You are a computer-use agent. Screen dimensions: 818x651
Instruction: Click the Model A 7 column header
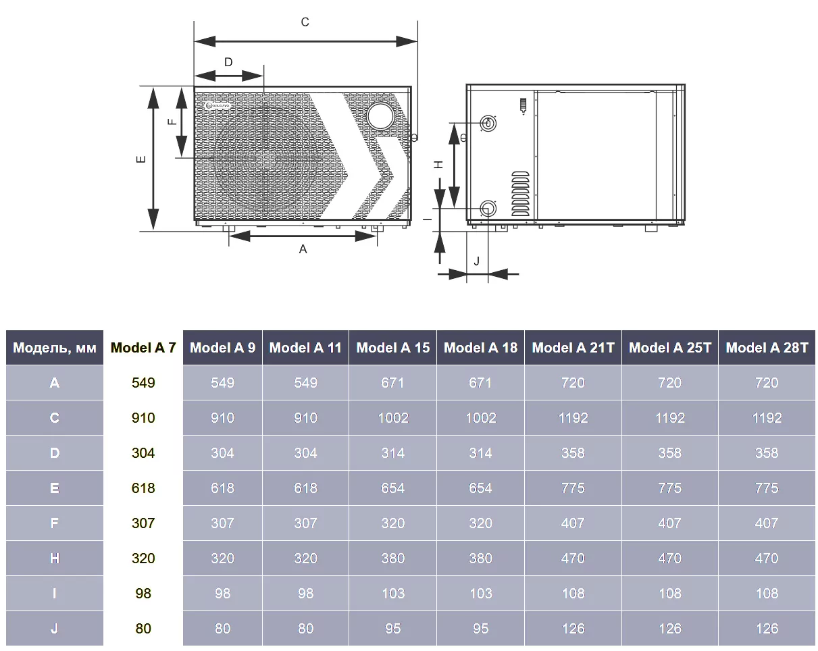[x=143, y=347]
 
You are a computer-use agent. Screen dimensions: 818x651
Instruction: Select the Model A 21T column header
[x=573, y=347]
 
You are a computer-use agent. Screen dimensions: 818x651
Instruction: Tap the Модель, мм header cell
[x=54, y=347]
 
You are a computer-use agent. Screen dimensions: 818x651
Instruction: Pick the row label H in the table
[x=54, y=558]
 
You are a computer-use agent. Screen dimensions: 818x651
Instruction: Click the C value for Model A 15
[x=392, y=417]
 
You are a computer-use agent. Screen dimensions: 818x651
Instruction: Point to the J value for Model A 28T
[x=766, y=628]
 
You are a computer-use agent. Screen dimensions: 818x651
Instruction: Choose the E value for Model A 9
[x=222, y=488]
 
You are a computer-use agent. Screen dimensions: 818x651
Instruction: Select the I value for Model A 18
[x=480, y=593]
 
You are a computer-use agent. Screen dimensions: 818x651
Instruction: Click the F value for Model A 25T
[x=669, y=523]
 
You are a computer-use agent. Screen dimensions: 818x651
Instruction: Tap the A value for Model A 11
[x=305, y=382]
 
